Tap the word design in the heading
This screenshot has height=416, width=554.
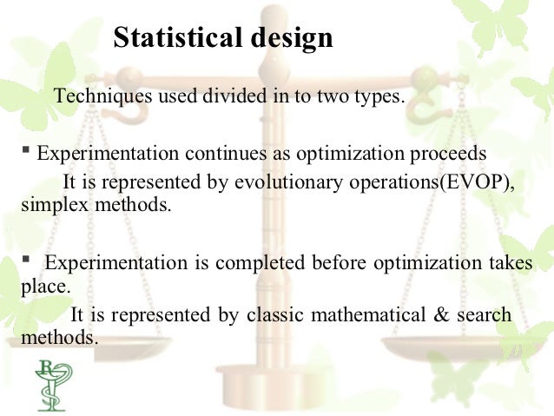pyautogui.click(x=289, y=39)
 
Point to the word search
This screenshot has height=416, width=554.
pyautogui.click(x=485, y=314)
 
